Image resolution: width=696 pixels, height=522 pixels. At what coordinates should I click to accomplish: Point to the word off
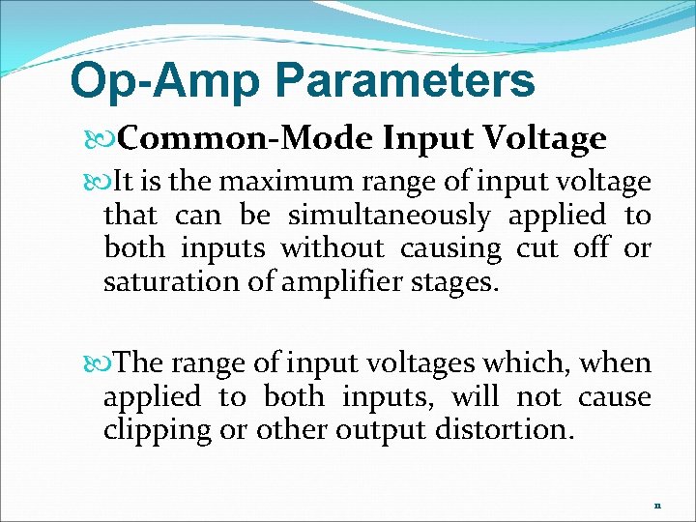[x=591, y=249]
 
